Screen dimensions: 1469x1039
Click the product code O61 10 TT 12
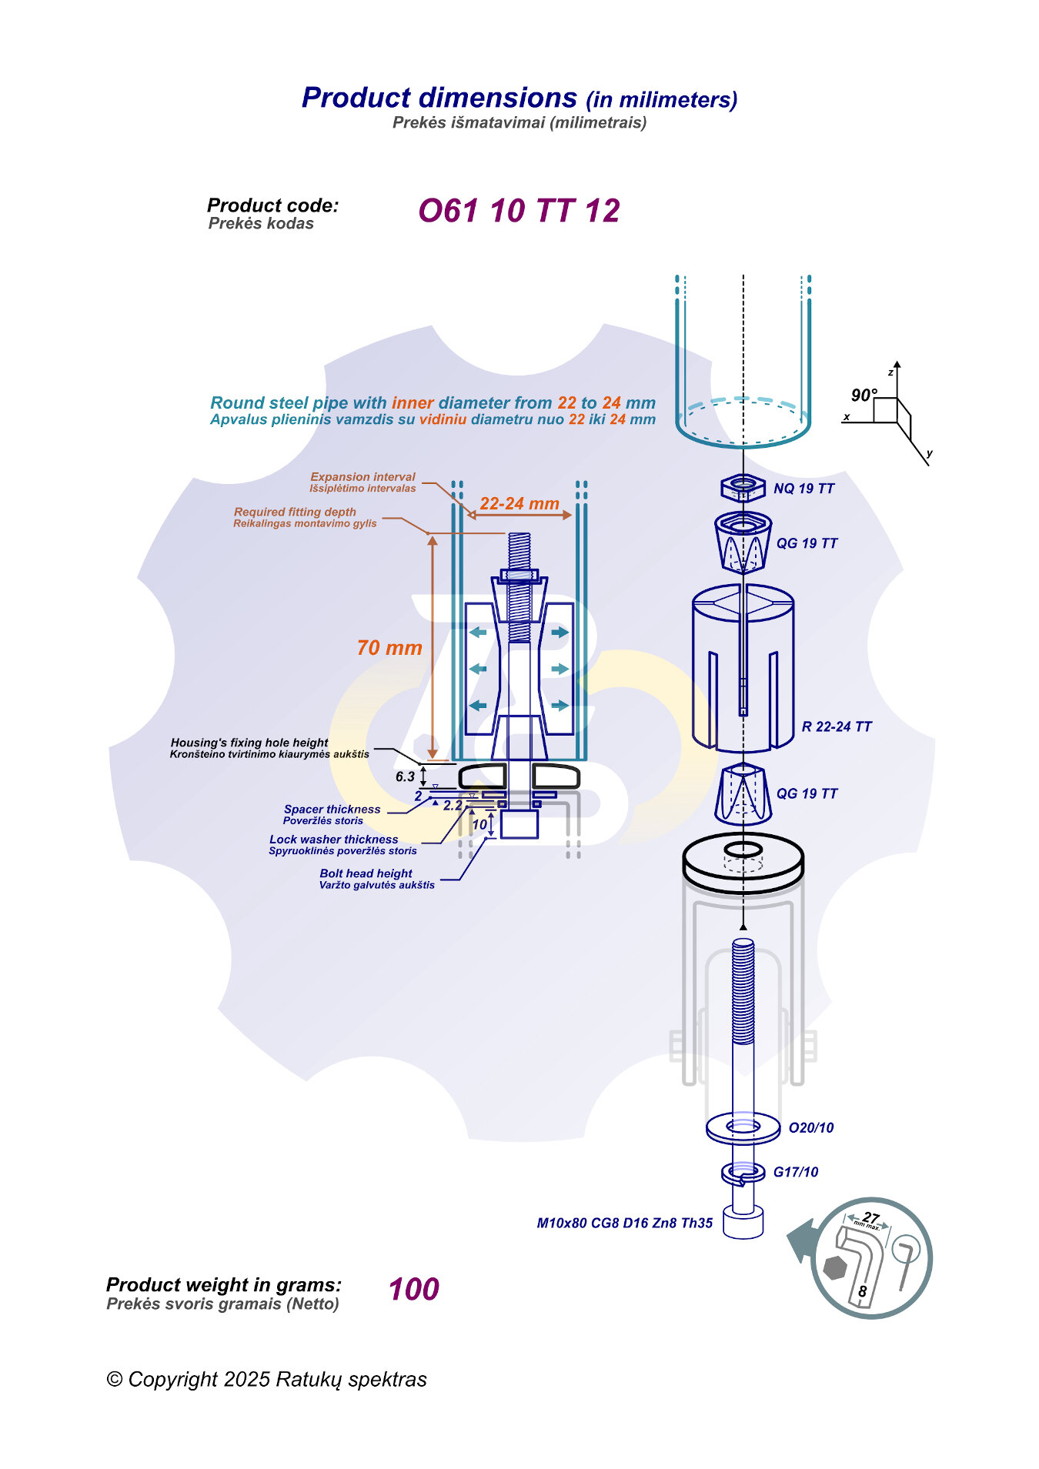tap(519, 211)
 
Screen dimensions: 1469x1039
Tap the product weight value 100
tap(413, 1289)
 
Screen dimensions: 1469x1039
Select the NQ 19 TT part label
tap(803, 489)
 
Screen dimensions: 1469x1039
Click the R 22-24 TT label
tap(837, 726)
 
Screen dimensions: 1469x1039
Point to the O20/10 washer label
tap(810, 1128)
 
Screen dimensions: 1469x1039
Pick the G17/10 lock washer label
tap(795, 1172)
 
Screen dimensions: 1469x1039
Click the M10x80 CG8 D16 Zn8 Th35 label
tap(624, 1223)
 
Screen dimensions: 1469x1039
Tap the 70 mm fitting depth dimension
tap(389, 648)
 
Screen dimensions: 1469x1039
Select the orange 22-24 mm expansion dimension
tap(519, 504)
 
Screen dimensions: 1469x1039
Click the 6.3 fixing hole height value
tap(405, 776)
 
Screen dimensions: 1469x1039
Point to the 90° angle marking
tap(864, 396)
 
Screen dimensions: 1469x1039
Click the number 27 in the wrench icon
tap(870, 1217)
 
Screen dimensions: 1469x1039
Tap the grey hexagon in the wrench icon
tap(834, 1267)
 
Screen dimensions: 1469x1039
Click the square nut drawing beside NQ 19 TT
tap(743, 487)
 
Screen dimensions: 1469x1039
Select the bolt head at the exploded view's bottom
tap(743, 1223)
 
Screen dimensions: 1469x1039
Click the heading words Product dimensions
tap(439, 98)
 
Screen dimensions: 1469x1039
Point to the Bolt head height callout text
tap(366, 873)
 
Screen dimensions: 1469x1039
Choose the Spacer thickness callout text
tap(332, 810)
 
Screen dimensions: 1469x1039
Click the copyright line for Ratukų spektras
tap(266, 1379)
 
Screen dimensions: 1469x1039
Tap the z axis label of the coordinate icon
tap(890, 372)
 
